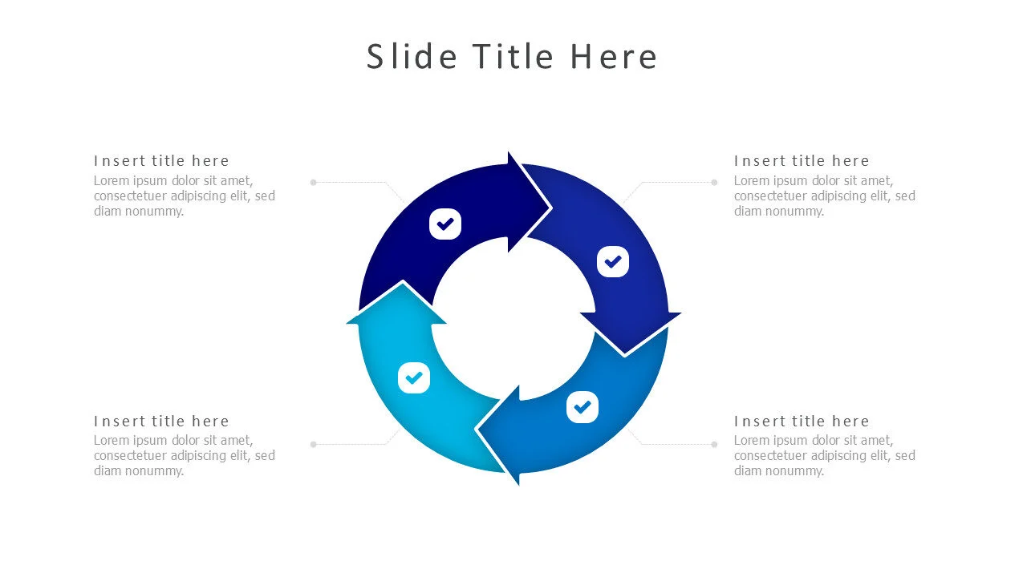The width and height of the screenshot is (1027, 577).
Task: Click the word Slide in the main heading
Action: coord(412,57)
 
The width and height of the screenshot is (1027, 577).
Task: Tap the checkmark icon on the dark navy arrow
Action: coord(445,224)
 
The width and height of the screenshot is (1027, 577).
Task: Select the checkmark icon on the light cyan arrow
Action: coord(414,377)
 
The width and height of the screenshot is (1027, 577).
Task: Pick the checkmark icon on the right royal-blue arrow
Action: coord(613,262)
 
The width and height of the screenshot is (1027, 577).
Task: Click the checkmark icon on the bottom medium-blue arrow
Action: coord(583,407)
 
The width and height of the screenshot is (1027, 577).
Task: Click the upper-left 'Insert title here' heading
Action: coord(161,161)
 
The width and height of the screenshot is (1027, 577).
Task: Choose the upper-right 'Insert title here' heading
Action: coord(802,161)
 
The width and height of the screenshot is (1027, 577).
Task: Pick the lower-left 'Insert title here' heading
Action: coord(161,422)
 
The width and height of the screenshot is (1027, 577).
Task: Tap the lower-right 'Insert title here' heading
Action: coord(802,422)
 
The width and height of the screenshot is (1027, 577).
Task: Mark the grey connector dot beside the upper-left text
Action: coord(314,183)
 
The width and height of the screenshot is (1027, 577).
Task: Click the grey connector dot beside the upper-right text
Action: coord(714,183)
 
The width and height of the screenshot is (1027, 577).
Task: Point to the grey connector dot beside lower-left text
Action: coord(314,444)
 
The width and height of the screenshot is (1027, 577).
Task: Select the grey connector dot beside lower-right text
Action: coord(714,444)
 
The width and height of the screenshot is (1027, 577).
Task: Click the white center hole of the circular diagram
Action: coord(513,317)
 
